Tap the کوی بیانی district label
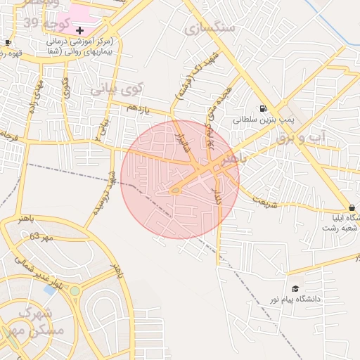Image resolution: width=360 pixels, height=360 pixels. [117, 89]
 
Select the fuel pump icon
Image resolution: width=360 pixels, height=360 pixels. [263, 109]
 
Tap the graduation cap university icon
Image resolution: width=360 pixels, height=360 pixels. [295, 288]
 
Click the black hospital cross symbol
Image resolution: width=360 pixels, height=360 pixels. [79, 31]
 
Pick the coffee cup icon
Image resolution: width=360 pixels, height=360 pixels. [8, 42]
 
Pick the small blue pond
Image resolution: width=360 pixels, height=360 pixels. [50, 289]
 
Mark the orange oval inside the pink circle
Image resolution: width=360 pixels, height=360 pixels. [175, 190]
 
